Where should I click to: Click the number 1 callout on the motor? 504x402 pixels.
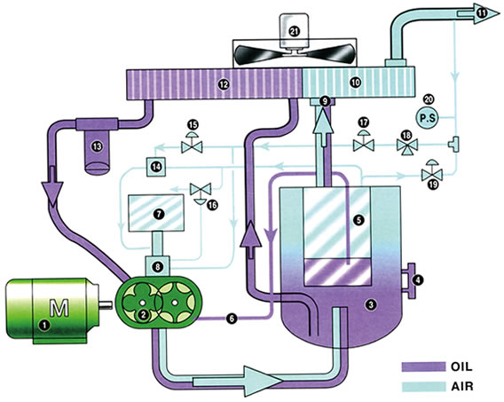[x=44, y=325]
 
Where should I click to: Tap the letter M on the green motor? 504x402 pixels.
[x=59, y=308]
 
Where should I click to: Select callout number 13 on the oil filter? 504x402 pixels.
[x=97, y=146]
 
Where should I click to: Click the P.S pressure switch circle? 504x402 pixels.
[x=429, y=118]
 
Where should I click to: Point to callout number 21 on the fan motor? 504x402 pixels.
[x=294, y=31]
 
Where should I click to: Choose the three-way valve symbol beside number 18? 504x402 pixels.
[x=407, y=146]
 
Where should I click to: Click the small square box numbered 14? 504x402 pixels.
[x=156, y=167]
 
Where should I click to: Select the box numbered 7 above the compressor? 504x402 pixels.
[x=156, y=213]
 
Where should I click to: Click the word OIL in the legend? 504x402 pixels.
[x=461, y=367]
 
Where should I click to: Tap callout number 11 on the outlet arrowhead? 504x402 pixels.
[x=482, y=12]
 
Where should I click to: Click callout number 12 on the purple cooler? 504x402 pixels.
[x=223, y=84]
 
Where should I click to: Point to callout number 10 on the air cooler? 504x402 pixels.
[x=356, y=83]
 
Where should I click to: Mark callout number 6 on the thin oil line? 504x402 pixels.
[x=231, y=318]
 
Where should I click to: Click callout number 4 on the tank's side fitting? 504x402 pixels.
[x=418, y=280]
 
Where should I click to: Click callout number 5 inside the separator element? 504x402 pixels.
[x=358, y=220]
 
